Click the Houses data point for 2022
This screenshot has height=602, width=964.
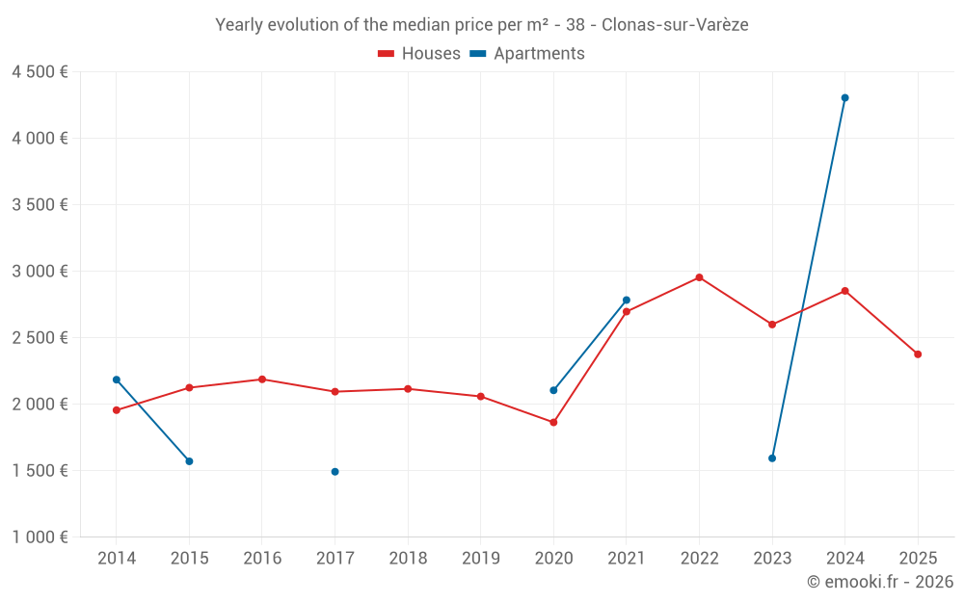pyautogui.click(x=699, y=277)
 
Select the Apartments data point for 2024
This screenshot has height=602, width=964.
pyautogui.click(x=844, y=97)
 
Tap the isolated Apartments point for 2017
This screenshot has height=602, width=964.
pyautogui.click(x=335, y=472)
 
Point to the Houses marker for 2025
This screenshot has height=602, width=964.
pyautogui.click(x=918, y=354)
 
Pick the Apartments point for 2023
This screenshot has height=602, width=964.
pyautogui.click(x=772, y=458)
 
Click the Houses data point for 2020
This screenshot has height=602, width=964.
pyautogui.click(x=553, y=422)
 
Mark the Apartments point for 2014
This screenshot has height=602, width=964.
pyautogui.click(x=117, y=380)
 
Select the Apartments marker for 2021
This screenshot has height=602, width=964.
pyautogui.click(x=627, y=300)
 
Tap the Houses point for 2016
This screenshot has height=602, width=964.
pyautogui.click(x=262, y=380)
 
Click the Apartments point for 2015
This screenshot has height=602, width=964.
pyautogui.click(x=189, y=461)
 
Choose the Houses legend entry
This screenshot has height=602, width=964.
pyautogui.click(x=419, y=54)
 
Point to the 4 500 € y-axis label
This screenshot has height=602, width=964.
pyautogui.click(x=40, y=72)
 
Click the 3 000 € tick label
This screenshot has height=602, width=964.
pyautogui.click(x=40, y=272)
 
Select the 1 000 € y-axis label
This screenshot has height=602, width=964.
pyautogui.click(x=40, y=537)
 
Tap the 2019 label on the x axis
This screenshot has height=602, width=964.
pyautogui.click(x=480, y=558)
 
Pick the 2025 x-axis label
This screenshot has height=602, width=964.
pyautogui.click(x=918, y=558)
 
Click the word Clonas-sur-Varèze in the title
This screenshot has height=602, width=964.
pyautogui.click(x=675, y=25)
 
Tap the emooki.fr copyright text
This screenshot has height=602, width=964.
pyautogui.click(x=880, y=582)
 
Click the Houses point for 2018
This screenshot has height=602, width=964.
pyautogui.click(x=408, y=389)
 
